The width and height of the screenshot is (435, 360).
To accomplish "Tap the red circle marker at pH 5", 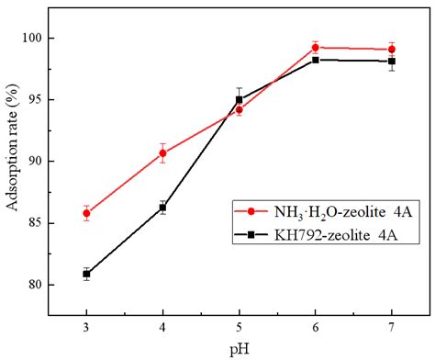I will click(x=239, y=109).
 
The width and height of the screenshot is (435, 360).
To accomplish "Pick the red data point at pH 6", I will click(x=315, y=47).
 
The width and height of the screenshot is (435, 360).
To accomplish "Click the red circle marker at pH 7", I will click(x=392, y=49).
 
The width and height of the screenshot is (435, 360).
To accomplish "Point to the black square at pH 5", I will click(x=239, y=99).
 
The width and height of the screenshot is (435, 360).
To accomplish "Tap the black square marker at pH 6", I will click(x=315, y=60).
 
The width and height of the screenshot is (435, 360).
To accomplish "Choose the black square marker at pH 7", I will click(x=392, y=62).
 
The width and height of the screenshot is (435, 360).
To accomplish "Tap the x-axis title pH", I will click(x=239, y=350).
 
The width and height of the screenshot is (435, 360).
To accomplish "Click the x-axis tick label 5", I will click(x=239, y=329).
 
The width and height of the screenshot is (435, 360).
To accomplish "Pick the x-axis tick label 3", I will click(x=86, y=329).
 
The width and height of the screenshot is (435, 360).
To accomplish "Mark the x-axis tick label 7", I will click(x=392, y=329).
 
